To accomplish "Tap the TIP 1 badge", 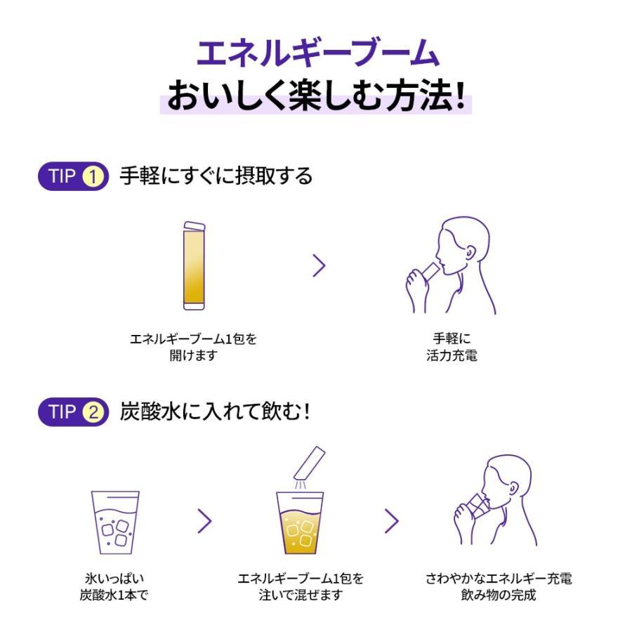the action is tap(73, 176).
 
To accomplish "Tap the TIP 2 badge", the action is tap(73, 412).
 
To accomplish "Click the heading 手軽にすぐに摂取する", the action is tap(216, 176).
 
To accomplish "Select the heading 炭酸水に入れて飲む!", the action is tap(215, 412).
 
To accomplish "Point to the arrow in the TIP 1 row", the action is tap(319, 265).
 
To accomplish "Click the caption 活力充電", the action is tap(452, 355).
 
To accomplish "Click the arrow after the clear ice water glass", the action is tap(204, 521).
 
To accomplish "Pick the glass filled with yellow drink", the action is tap(300, 523).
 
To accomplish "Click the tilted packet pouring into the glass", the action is tap(310, 462).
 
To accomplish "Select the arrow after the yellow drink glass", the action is tap(392, 521).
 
